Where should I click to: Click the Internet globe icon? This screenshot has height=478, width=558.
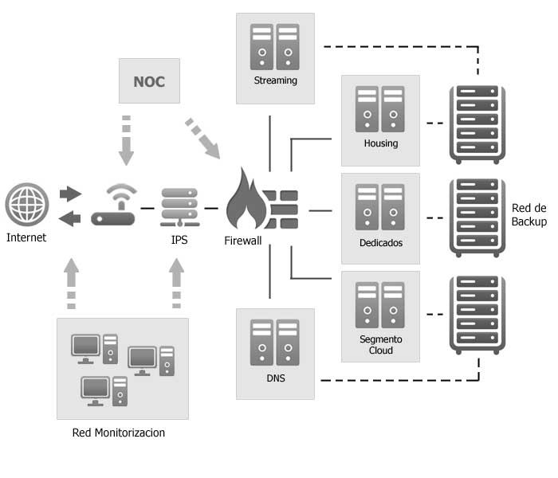(26, 205)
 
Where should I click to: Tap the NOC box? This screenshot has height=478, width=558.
(149, 81)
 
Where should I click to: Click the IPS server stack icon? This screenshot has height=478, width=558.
(179, 207)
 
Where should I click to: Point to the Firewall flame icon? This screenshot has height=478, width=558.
(246, 199)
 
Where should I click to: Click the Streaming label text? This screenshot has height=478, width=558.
(275, 80)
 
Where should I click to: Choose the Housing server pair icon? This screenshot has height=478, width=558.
(380, 110)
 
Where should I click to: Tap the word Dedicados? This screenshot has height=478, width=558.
(380, 242)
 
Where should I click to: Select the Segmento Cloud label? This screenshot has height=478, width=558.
(380, 345)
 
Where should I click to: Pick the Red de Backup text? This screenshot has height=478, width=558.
(529, 215)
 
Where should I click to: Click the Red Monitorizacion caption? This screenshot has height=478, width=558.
(118, 433)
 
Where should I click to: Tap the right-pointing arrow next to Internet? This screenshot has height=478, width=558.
(71, 194)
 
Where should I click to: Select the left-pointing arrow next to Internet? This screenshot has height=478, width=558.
(71, 217)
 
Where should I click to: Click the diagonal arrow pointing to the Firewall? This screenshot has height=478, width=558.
(203, 138)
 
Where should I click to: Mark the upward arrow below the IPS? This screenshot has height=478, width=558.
(177, 284)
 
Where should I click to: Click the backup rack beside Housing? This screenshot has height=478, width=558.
(477, 123)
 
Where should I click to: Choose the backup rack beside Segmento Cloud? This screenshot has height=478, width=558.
(477, 315)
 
